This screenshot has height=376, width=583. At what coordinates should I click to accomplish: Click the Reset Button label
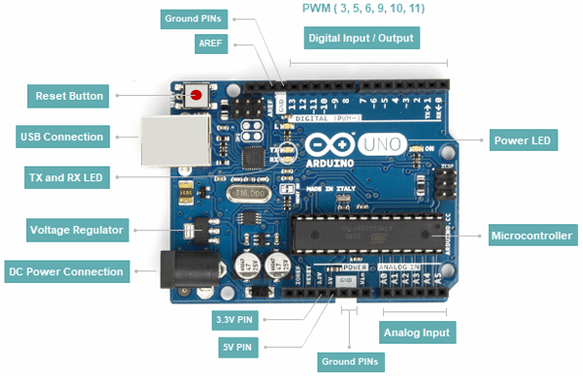(x=70, y=96)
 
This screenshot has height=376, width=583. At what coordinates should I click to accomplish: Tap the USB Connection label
(x=62, y=136)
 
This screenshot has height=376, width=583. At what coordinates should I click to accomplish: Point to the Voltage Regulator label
(x=75, y=231)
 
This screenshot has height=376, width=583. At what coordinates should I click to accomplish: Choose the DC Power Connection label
(x=66, y=271)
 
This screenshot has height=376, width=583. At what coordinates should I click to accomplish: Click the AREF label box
(x=210, y=44)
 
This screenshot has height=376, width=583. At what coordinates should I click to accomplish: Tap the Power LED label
(x=523, y=141)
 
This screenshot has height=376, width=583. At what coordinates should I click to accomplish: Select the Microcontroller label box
(x=532, y=235)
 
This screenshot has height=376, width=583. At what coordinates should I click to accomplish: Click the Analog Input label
(x=417, y=333)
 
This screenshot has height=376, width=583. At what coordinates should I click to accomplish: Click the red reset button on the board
(x=198, y=96)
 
